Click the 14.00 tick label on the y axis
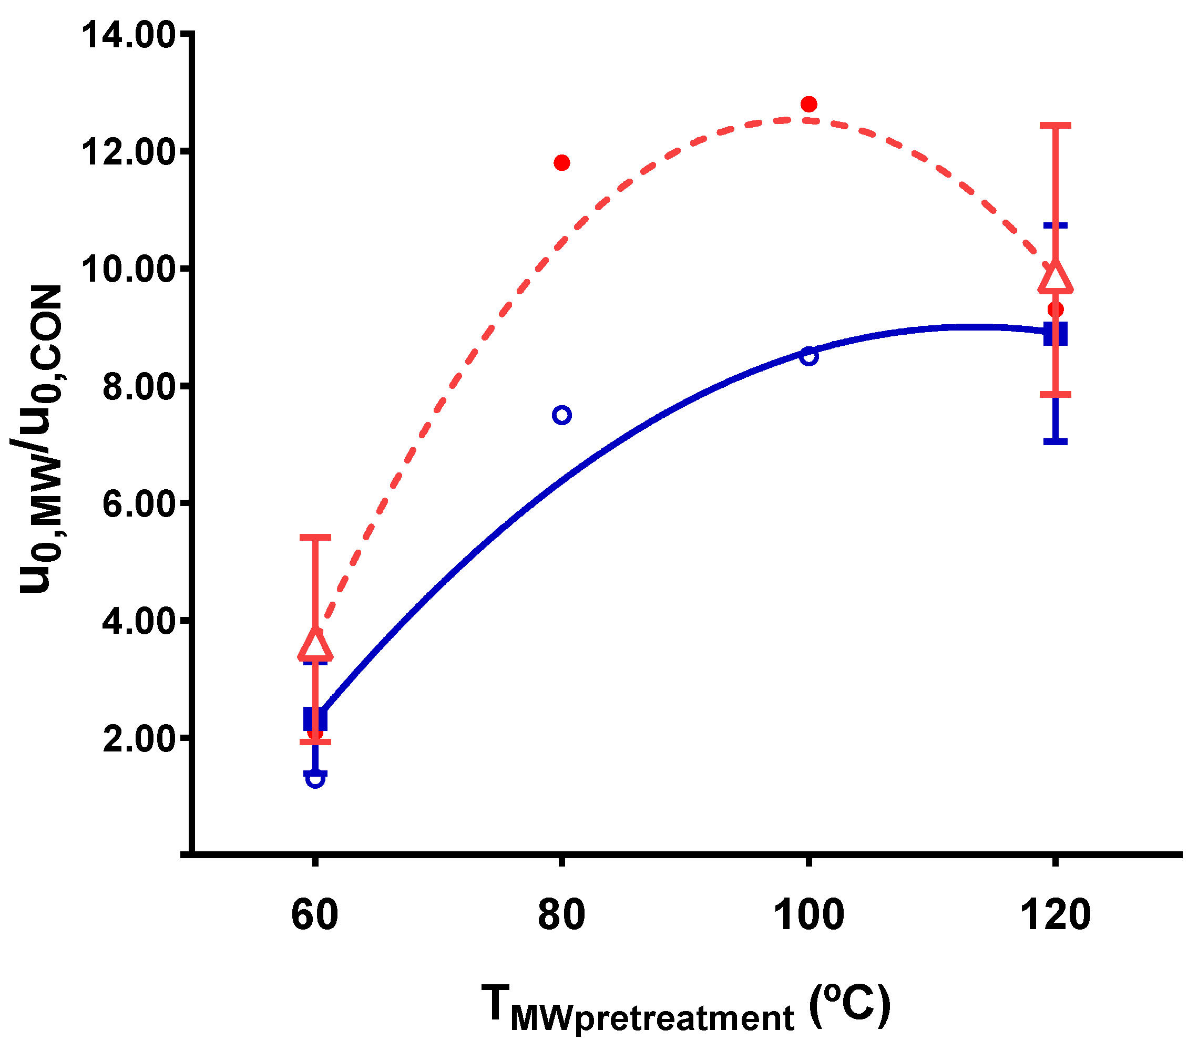point(128,36)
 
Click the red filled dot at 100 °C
point(809,104)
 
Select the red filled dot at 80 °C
point(561,162)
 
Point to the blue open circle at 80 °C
point(561,415)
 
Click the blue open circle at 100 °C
point(809,356)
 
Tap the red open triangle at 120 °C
point(1055,277)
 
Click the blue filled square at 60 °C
point(315,719)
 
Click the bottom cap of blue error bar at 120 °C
point(1055,441)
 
